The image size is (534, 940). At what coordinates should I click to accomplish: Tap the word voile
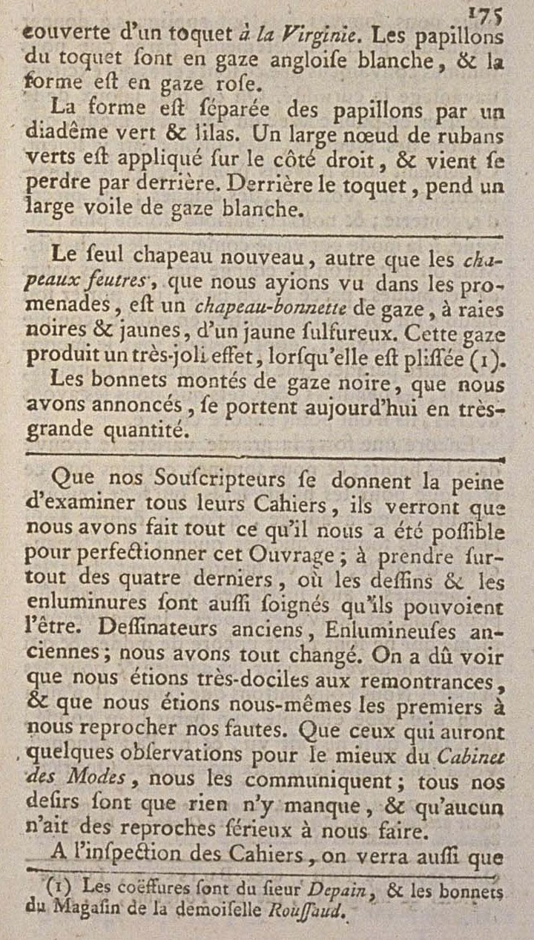pos(96,210)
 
